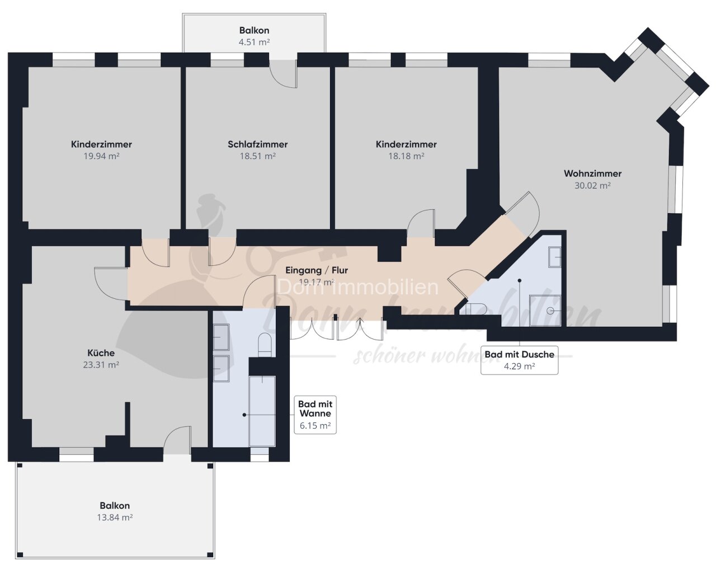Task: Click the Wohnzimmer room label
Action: (592, 173)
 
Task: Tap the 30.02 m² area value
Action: (592, 186)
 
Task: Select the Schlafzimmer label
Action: (257, 144)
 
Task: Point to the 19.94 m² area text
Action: (101, 156)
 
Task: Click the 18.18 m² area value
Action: (406, 156)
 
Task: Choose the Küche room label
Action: (101, 353)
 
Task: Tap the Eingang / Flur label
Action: (317, 270)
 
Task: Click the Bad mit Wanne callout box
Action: (315, 415)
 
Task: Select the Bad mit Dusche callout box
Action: (520, 360)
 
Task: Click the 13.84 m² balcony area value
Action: (115, 518)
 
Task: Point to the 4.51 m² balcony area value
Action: (255, 42)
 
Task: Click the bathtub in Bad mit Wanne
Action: (262, 411)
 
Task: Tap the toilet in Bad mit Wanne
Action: (265, 344)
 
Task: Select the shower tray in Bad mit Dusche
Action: (545, 311)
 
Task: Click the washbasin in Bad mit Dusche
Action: (554, 257)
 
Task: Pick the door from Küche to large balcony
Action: (177, 440)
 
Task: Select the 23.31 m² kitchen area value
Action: (101, 365)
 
